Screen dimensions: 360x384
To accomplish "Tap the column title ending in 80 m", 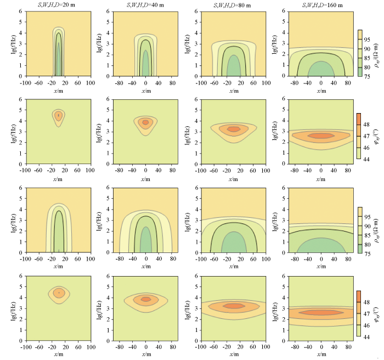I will [233, 5].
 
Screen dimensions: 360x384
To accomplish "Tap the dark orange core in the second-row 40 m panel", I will [145, 122].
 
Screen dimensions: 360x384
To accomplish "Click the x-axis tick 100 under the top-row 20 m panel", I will [90, 82].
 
